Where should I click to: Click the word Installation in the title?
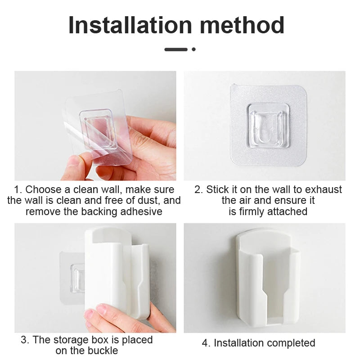(130, 25)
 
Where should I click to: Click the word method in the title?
(243, 25)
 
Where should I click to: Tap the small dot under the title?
(193, 49)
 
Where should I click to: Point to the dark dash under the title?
(176, 49)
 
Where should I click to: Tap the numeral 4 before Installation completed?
(205, 343)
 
